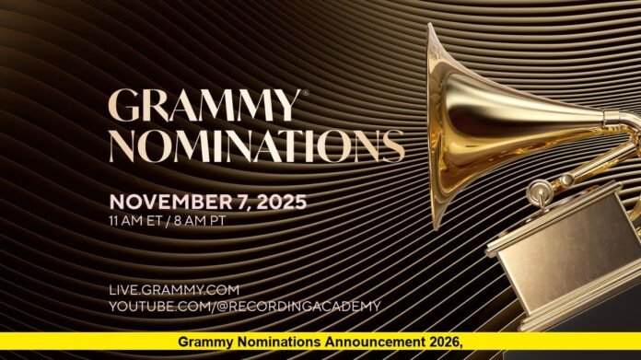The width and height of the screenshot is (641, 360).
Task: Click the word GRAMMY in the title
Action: tap(203, 107)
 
